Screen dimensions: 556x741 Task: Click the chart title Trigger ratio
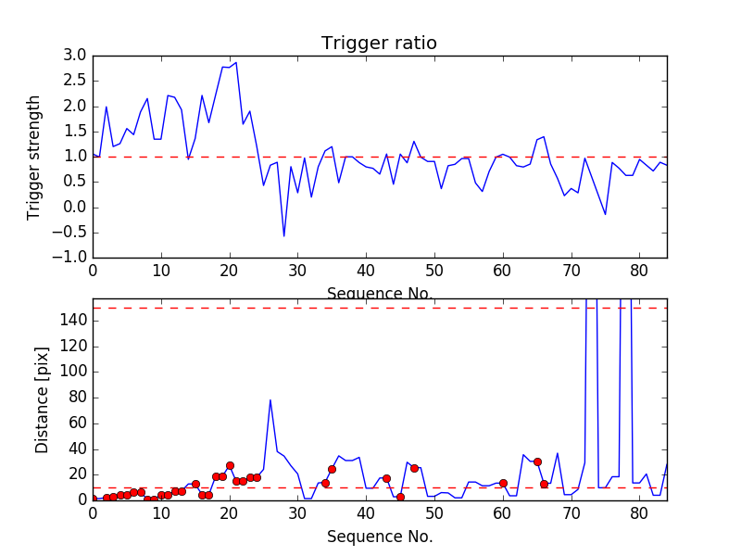tap(379, 44)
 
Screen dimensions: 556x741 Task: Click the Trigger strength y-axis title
tap(34, 157)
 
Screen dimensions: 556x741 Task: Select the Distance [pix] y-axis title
tap(42, 400)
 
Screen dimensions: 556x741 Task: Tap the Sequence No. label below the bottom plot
tap(379, 537)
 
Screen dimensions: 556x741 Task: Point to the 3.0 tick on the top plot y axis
tap(75, 56)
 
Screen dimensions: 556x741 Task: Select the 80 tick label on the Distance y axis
tap(78, 398)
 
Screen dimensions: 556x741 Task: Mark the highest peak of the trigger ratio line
tap(236, 62)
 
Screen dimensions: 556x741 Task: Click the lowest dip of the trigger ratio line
tap(284, 236)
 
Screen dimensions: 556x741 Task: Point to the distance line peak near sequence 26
tap(270, 400)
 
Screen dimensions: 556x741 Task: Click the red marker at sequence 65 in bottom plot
tap(537, 461)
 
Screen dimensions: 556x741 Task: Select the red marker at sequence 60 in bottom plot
tap(503, 483)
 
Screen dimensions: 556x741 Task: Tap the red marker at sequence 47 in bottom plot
tap(414, 468)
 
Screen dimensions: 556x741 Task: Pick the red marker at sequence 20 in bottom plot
tap(230, 465)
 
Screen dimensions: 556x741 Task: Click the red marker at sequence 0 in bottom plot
tap(93, 499)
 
